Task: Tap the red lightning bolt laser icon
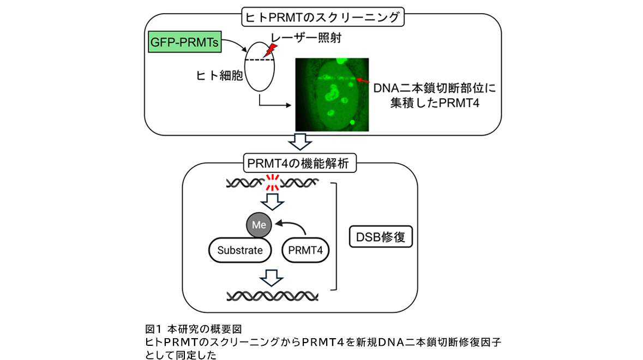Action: coord(270,51)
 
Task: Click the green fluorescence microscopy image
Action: coord(331,94)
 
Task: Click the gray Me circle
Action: coord(257,223)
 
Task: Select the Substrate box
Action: coord(240,250)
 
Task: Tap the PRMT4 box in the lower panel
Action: coord(306,250)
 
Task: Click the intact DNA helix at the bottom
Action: coord(272,296)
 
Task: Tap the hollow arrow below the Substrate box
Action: coord(272,276)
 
